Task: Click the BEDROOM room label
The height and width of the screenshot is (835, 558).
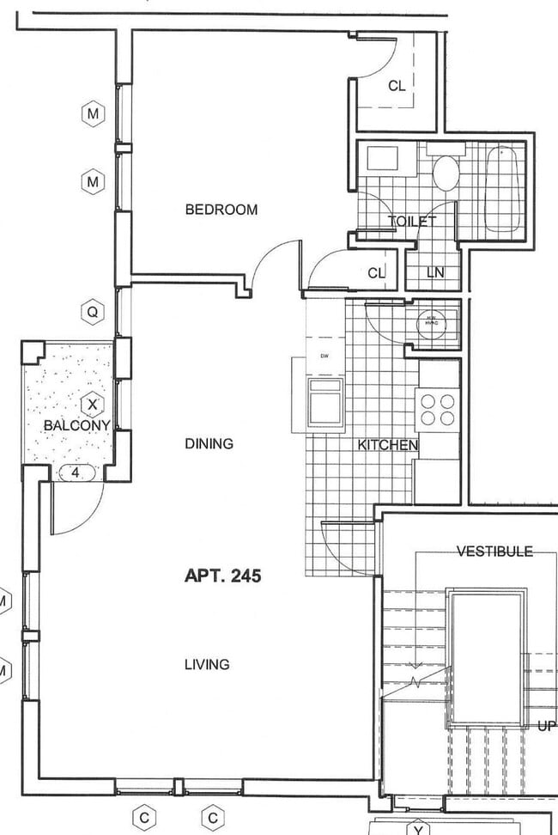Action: coord(221,210)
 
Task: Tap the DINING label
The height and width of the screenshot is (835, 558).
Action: coord(209,444)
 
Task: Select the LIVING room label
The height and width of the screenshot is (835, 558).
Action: coord(206,664)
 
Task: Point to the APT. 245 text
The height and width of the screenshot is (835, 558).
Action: coord(222,576)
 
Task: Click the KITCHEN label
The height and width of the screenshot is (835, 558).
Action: coord(387,445)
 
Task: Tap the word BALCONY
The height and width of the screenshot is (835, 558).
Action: coord(76,425)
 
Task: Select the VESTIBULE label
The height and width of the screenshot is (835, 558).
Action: coord(494,552)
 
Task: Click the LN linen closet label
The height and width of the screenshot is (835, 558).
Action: coord(435,273)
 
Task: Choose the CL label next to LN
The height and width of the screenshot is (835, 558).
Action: coord(376,273)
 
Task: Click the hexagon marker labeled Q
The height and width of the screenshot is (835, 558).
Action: coord(92,312)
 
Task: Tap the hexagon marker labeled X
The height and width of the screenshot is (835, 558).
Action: coord(93,404)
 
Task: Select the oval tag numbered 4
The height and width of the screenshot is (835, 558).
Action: coord(76,472)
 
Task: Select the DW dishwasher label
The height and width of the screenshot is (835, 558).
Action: coord(324,356)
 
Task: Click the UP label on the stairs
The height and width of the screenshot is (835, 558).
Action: coord(546,726)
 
